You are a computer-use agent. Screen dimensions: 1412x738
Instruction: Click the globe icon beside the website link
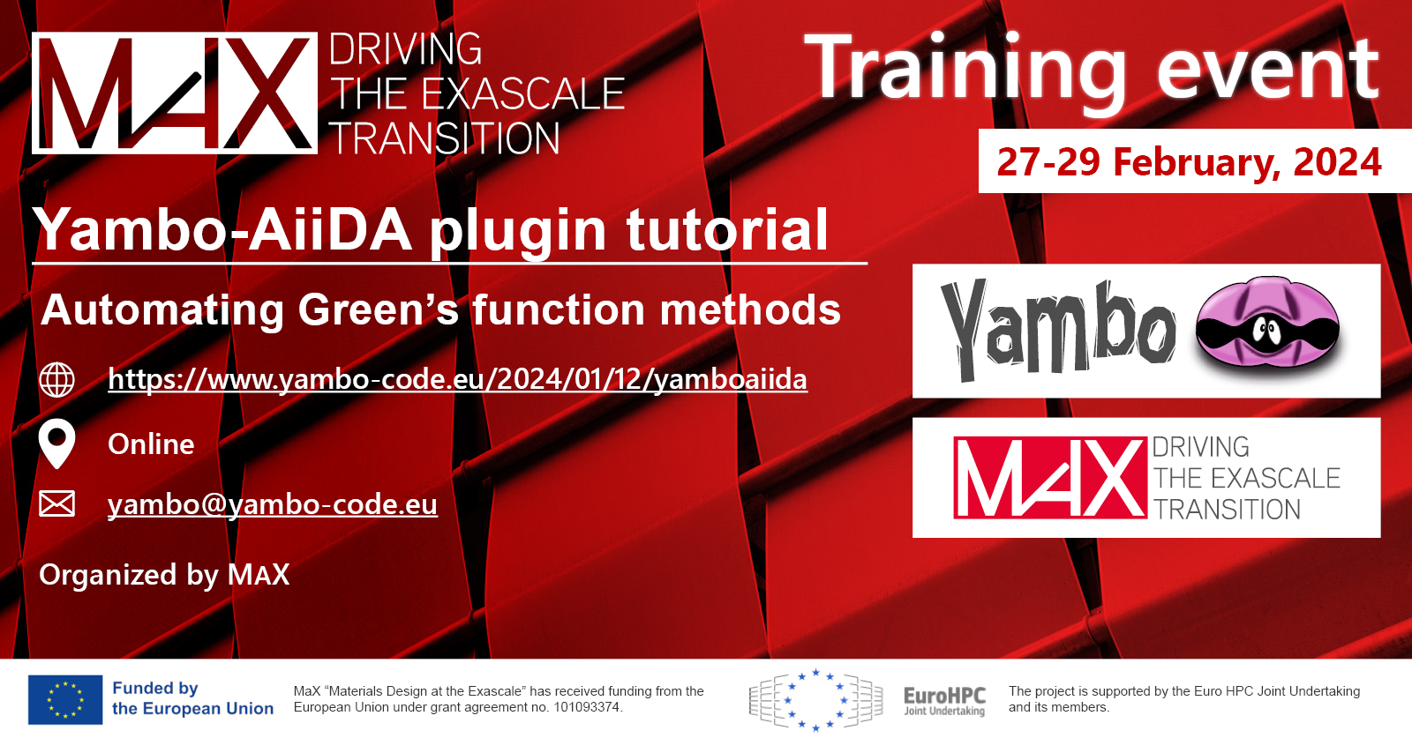pyautogui.click(x=56, y=380)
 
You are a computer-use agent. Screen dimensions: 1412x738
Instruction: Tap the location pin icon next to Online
pyautogui.click(x=56, y=444)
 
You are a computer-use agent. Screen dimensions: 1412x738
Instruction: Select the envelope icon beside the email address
pyautogui.click(x=56, y=503)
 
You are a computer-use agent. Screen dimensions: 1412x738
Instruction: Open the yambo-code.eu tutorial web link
pyautogui.click(x=458, y=380)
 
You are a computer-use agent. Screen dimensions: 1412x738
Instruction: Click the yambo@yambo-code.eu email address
pyautogui.click(x=273, y=504)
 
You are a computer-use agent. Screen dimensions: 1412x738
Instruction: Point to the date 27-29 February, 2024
pyautogui.click(x=1190, y=162)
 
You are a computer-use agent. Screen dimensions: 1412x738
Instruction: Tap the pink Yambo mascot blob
pyautogui.click(x=1267, y=323)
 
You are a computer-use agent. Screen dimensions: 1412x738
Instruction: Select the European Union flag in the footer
pyautogui.click(x=65, y=699)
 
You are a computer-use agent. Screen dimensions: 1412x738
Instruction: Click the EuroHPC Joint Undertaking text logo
pyautogui.click(x=944, y=700)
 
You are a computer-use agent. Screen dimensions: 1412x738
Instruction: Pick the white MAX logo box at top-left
pyautogui.click(x=175, y=93)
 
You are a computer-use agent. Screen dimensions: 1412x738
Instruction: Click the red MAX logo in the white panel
pyautogui.click(x=1050, y=477)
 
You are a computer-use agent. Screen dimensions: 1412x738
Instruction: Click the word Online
pyautogui.click(x=151, y=444)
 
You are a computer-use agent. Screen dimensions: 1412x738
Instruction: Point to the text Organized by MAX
pyautogui.click(x=164, y=574)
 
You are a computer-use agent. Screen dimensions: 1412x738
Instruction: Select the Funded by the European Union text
pyautogui.click(x=193, y=698)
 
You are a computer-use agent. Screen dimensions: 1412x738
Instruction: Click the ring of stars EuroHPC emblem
pyautogui.click(x=815, y=700)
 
